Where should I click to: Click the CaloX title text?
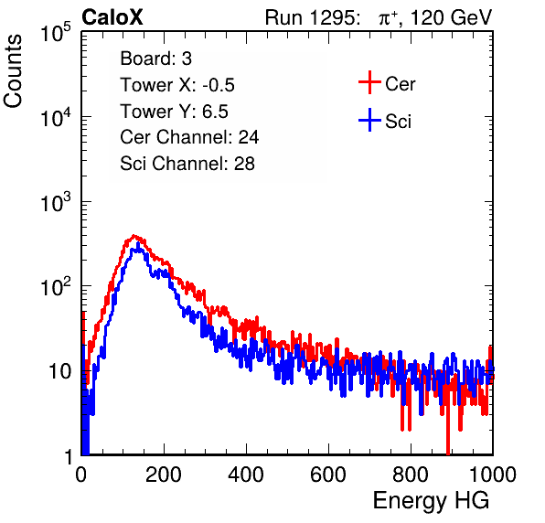[x=112, y=17]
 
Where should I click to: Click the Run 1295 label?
[x=313, y=17]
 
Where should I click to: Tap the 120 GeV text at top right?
[x=452, y=17]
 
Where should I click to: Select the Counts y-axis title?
[x=13, y=71]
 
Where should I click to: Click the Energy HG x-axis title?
[x=431, y=501]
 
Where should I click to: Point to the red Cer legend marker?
[x=369, y=82]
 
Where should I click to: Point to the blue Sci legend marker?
[x=369, y=120]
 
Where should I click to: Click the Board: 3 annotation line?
[x=155, y=59]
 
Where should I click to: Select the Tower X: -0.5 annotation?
[x=177, y=85]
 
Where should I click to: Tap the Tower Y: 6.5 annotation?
[x=174, y=112]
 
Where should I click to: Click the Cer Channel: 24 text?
[x=189, y=137]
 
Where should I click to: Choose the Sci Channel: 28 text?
[x=187, y=164]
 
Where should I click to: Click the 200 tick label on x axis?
[x=164, y=475]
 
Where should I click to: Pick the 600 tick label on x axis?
[x=328, y=475]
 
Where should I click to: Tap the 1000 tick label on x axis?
[x=493, y=475]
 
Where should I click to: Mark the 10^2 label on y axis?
[x=56, y=286]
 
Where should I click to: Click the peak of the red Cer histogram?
[x=134, y=236]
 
